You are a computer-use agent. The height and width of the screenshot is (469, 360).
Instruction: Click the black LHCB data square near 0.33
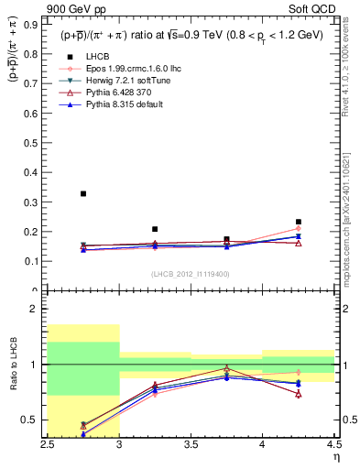(83, 193)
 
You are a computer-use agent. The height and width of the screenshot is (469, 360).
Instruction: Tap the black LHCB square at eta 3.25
(155, 229)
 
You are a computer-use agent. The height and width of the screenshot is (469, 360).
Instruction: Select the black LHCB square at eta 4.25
(298, 222)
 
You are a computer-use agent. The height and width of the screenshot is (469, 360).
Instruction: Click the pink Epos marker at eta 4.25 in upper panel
(298, 229)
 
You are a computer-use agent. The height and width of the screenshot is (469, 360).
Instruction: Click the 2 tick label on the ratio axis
(38, 309)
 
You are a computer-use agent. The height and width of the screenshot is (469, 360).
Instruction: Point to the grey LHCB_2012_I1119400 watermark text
(191, 274)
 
